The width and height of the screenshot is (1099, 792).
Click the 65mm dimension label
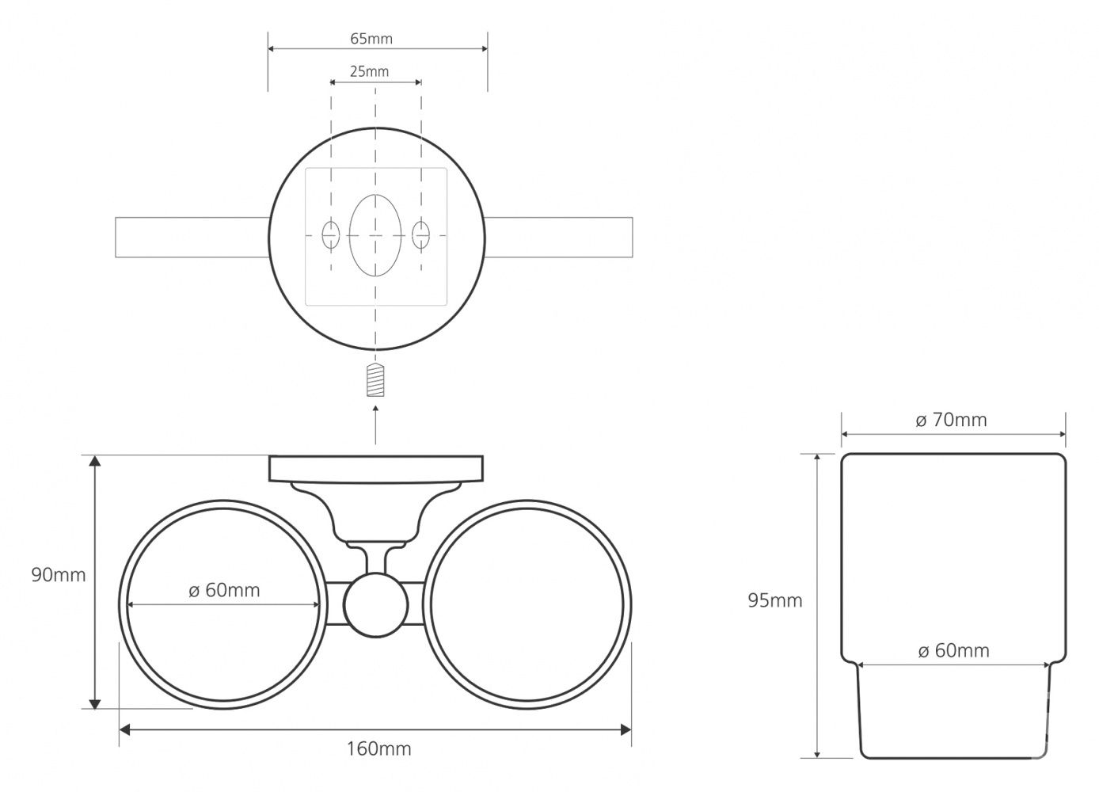(371, 39)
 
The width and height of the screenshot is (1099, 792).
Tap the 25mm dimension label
(370, 71)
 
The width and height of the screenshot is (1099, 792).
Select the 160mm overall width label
(378, 748)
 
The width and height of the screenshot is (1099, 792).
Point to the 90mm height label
(59, 575)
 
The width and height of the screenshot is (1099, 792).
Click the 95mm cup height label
(775, 600)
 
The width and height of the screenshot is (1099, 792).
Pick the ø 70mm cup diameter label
(951, 420)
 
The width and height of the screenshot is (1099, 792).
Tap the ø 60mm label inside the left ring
(224, 590)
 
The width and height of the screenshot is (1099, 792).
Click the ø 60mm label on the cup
(954, 651)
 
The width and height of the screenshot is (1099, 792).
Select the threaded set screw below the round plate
(375, 380)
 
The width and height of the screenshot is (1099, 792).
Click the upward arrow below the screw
(376, 425)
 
